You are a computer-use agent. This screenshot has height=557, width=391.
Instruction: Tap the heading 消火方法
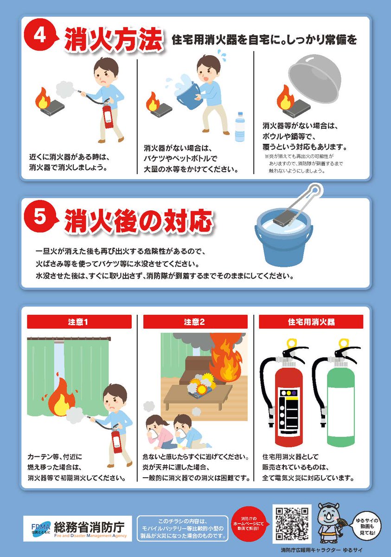(x=113, y=40)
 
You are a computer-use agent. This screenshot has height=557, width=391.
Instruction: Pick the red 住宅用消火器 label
(x=311, y=322)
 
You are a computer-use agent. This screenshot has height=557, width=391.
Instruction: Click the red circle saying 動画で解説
(x=251, y=525)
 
